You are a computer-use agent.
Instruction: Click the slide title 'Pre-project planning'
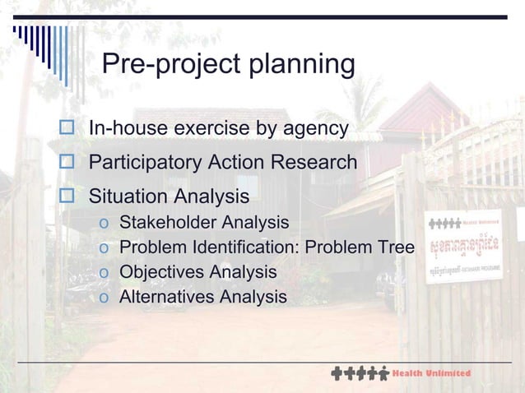228,65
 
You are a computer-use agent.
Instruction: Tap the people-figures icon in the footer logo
360,373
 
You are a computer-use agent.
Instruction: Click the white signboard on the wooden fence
463,247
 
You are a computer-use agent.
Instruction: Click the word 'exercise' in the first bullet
202,129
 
